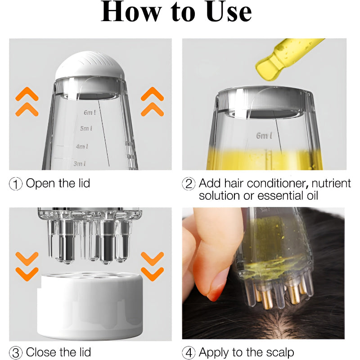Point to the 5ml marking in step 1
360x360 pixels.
point(86,129)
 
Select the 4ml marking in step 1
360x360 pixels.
point(82,146)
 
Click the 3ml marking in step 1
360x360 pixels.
point(80,163)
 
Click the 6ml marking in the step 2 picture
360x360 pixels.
point(264,135)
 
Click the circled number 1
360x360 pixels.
point(16,184)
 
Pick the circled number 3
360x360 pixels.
point(16,352)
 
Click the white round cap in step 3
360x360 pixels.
point(90,306)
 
